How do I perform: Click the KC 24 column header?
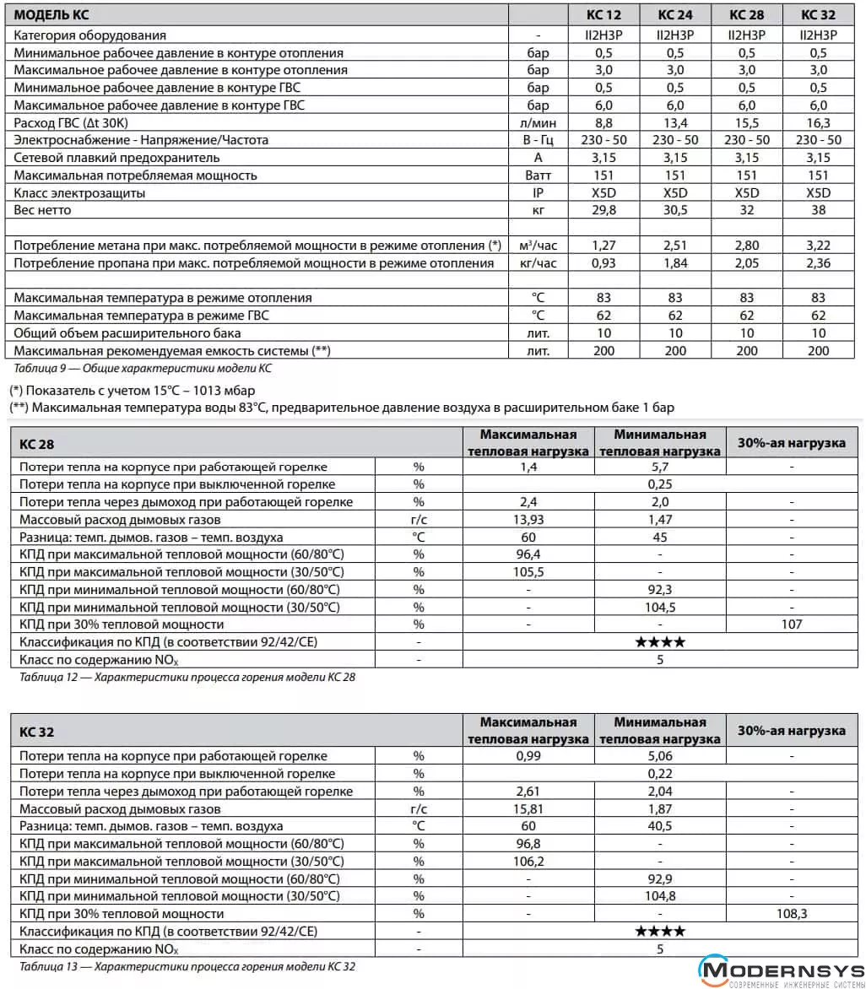tap(674, 14)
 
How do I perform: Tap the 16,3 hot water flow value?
tap(818, 122)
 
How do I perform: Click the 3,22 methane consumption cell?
tap(818, 246)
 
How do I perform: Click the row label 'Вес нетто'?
tap(43, 210)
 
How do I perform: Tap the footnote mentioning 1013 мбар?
tap(132, 391)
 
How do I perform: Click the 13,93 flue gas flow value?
tap(528, 519)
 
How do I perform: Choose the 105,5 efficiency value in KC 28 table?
tap(528, 571)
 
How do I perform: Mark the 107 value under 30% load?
tap(792, 624)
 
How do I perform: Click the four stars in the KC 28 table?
tap(660, 642)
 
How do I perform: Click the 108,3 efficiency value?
tap(792, 914)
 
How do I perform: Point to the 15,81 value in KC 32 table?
tap(528, 808)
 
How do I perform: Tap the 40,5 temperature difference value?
tap(660, 826)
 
